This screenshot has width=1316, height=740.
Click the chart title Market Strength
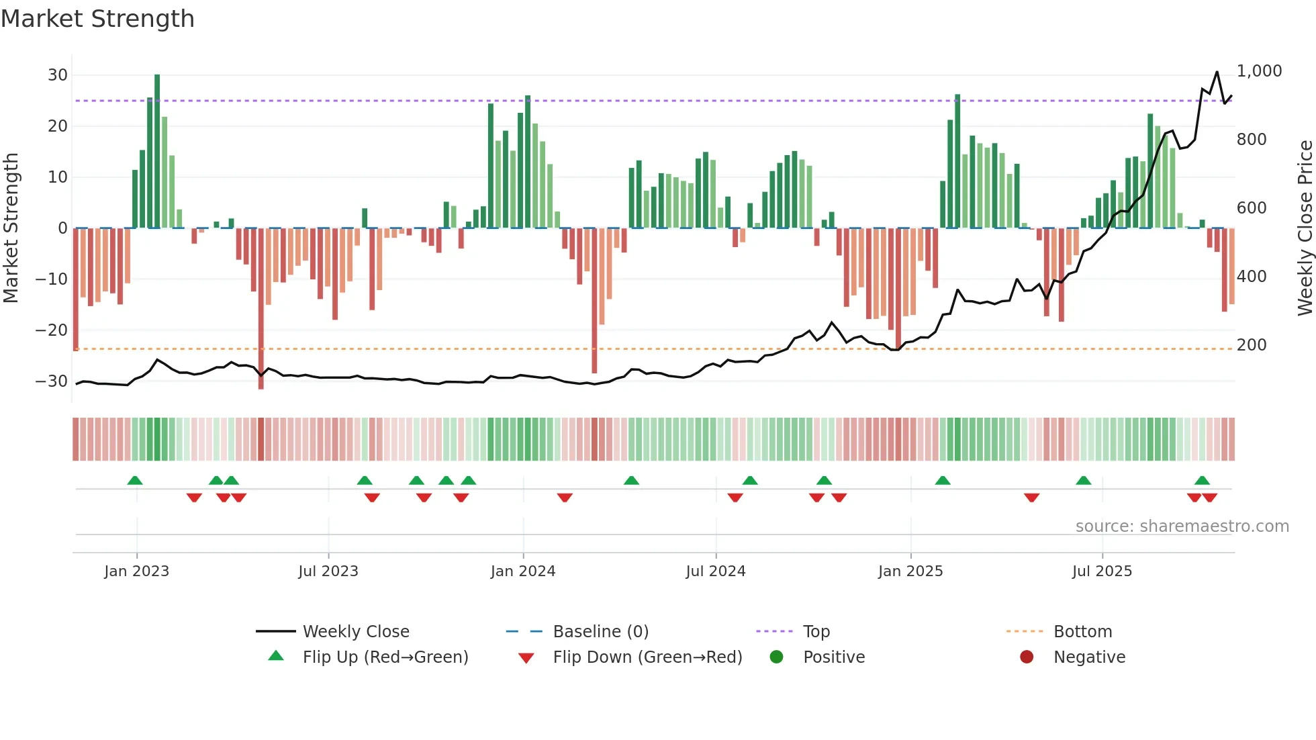tap(97, 19)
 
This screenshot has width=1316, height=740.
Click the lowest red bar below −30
tap(261, 309)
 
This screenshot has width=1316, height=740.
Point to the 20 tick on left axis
tap(58, 126)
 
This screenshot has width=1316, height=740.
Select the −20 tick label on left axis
tap(52, 330)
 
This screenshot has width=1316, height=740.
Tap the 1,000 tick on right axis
tap(1259, 71)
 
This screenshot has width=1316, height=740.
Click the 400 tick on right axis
tap(1252, 277)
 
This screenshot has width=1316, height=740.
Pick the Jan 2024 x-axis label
tap(523, 571)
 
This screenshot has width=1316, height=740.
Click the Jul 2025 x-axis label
tap(1102, 571)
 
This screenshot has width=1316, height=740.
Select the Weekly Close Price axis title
tap(1305, 228)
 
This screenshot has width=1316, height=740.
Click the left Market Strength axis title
tap(11, 228)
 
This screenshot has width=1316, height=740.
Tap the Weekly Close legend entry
tap(356, 632)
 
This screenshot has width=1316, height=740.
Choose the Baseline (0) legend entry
tap(600, 632)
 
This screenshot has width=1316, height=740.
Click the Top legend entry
tap(816, 632)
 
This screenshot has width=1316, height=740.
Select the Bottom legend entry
tap(1082, 632)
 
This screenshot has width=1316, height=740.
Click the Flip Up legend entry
tap(385, 657)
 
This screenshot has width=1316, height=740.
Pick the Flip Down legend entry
tap(647, 657)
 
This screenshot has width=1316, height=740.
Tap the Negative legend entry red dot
tap(1027, 657)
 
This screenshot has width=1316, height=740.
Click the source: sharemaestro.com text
tap(1182, 526)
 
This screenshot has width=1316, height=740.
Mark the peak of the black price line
tap(1217, 72)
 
